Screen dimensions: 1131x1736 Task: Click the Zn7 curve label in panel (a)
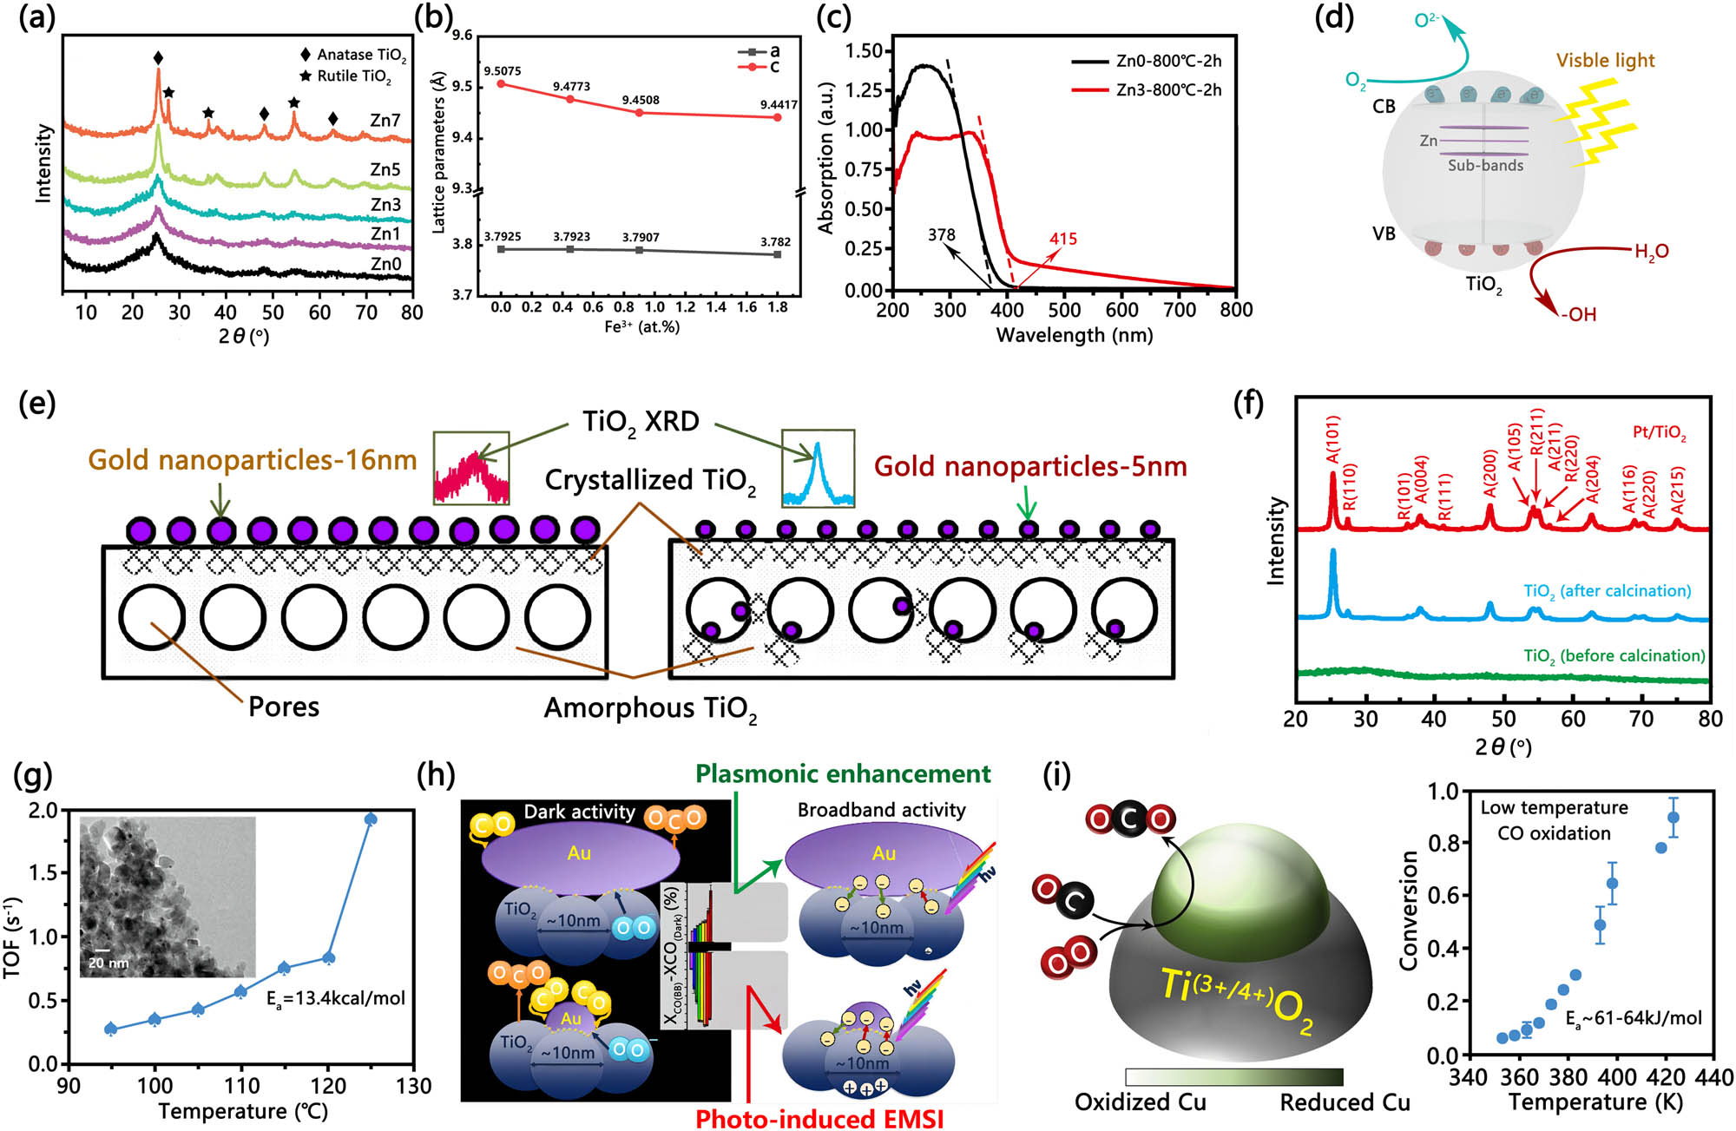(385, 120)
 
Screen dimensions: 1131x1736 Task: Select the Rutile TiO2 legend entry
(353, 76)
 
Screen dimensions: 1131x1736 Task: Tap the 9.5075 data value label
(502, 71)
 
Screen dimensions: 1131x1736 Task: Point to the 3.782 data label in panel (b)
(775, 242)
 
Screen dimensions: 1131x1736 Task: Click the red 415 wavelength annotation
(1062, 239)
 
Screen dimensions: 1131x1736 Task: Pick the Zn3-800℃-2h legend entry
(1168, 90)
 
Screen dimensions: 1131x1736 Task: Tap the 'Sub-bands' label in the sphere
(1485, 165)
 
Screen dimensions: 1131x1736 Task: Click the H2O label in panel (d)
(1651, 252)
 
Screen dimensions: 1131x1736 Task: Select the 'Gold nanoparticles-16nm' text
(253, 460)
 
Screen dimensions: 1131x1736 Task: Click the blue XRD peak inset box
(818, 468)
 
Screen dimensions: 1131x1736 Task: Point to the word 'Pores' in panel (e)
(284, 707)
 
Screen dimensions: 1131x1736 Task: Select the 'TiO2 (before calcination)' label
(1614, 656)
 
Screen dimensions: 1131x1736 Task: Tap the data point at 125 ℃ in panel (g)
(371, 819)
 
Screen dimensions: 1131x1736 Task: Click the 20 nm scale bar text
(108, 963)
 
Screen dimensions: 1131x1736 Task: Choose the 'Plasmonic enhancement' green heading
(843, 773)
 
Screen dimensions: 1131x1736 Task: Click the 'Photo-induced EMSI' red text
(819, 1119)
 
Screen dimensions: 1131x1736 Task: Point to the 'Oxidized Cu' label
(1140, 1102)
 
